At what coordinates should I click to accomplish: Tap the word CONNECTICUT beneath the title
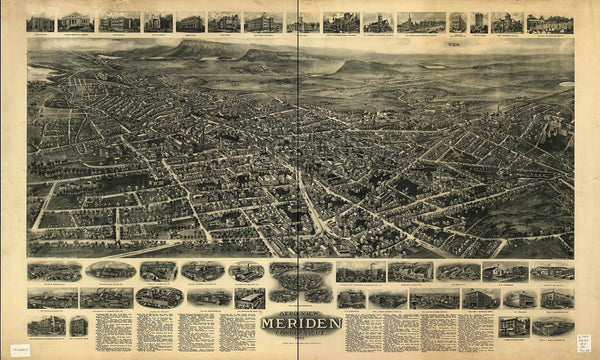point(300,336)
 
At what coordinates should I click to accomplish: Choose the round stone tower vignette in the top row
point(478,22)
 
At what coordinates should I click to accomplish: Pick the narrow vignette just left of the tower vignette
point(457,22)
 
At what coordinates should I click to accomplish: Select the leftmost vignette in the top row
point(41,22)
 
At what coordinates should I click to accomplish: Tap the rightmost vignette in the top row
point(550,22)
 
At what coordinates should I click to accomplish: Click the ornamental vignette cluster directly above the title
point(300,281)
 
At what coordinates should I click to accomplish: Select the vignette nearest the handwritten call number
point(553,326)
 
